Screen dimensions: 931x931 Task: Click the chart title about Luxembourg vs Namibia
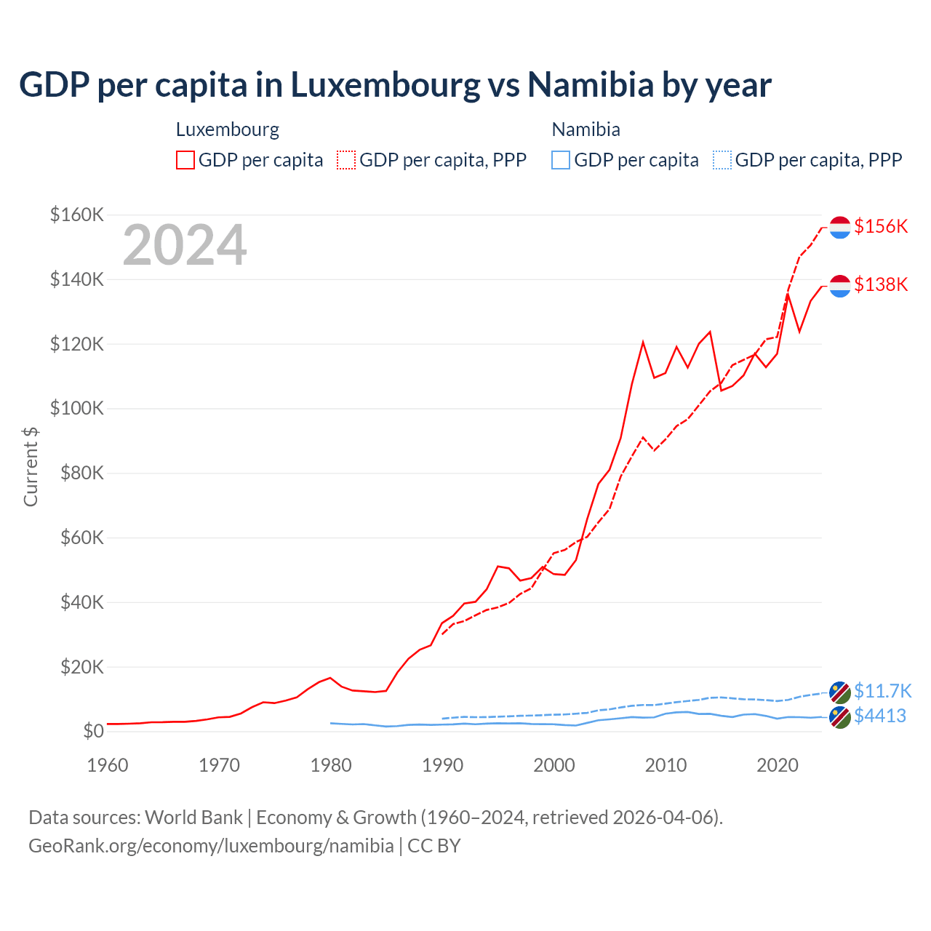tap(395, 85)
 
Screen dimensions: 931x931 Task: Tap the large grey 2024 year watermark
tap(185, 245)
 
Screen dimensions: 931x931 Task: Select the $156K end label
tap(881, 226)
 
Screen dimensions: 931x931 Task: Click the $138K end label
tap(881, 284)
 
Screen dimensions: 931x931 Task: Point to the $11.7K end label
tap(882, 690)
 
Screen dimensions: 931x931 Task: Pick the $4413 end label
tap(880, 716)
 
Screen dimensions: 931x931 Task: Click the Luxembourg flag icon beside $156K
tap(840, 227)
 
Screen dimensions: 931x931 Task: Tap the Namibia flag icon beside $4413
tap(840, 716)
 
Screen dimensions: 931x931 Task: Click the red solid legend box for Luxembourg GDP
tap(185, 160)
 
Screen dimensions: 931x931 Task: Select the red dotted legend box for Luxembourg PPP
tap(346, 160)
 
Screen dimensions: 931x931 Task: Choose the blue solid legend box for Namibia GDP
tap(561, 160)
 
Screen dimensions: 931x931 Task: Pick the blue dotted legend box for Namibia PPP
tap(722, 160)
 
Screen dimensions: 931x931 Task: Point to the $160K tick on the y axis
tap(77, 215)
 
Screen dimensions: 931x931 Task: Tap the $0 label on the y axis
tap(92, 731)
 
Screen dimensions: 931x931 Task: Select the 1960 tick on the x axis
tap(108, 765)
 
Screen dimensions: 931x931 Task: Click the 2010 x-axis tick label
tap(666, 765)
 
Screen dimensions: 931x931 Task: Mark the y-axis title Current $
tap(31, 466)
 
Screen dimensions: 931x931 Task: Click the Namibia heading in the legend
tap(586, 129)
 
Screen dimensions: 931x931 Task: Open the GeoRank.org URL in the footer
tap(211, 846)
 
